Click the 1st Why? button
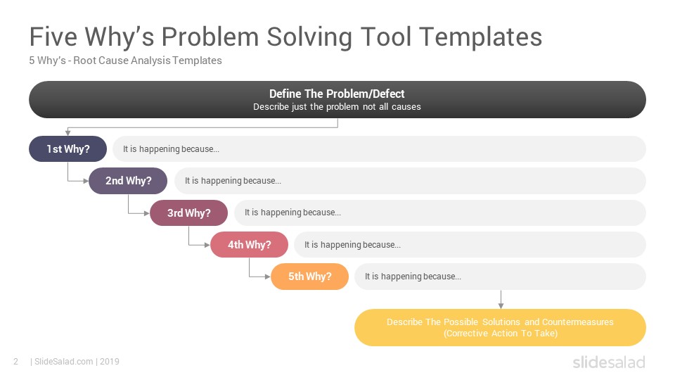pos(67,149)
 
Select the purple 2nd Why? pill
pos(128,181)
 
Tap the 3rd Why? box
pos(188,213)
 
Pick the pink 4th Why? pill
pos(249,245)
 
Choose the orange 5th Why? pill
pos(309,277)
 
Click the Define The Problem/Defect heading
pos(337,94)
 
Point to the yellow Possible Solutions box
pos(500,327)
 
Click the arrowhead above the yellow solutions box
pos(501,306)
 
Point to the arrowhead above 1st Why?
pos(67,133)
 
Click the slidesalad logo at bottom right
pos(609,362)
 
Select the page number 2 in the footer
pos(16,362)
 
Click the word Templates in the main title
pos(480,37)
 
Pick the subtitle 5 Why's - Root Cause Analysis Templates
pos(125,61)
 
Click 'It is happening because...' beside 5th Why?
pos(413,277)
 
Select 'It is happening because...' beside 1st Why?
pos(171,149)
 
